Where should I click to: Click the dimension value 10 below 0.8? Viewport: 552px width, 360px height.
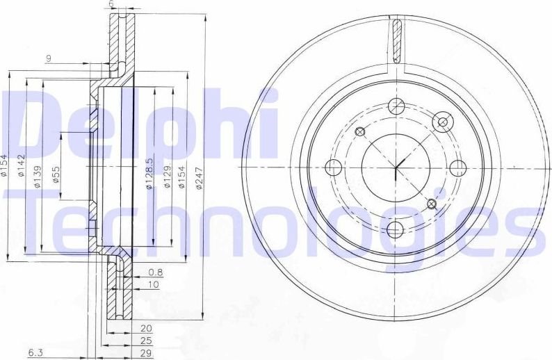coord(153,285)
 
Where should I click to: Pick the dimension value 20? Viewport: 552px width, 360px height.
coord(146,328)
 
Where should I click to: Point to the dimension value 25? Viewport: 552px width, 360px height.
coord(146,341)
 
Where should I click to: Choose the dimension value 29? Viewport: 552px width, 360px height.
coord(146,353)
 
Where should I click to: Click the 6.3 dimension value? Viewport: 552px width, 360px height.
coord(34,353)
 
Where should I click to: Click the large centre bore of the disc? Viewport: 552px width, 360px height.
coord(396,167)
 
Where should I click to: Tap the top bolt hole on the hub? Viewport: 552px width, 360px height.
coord(396,106)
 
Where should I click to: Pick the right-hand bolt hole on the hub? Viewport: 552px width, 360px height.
coord(457,167)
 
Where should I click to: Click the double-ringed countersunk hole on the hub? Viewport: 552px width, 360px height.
coord(441,122)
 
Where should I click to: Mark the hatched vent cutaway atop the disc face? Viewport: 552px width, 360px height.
coord(397,41)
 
